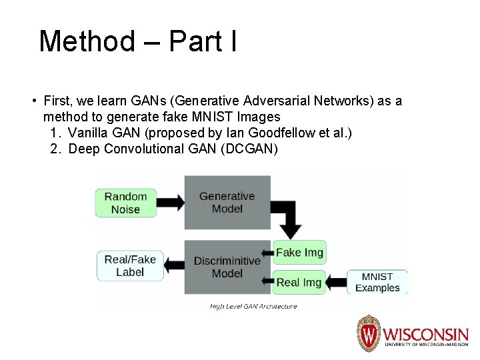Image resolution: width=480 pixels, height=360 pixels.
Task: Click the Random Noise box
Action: coord(125,203)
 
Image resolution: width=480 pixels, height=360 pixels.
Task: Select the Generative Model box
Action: coord(227,203)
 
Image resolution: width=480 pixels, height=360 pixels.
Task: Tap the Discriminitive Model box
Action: coord(227,267)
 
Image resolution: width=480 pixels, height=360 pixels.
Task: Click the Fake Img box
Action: coord(299,253)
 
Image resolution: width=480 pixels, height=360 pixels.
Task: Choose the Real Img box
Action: coord(299,282)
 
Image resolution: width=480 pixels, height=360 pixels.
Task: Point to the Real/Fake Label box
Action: coord(130,265)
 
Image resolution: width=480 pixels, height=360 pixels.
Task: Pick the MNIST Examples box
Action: coord(377,282)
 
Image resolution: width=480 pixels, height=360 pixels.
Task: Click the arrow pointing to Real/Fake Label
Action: coord(175,265)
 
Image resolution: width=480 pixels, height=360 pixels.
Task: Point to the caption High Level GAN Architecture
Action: coord(253,307)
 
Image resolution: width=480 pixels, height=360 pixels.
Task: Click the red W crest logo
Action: coord(368,333)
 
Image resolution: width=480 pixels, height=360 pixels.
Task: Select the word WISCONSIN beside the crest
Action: coord(425,333)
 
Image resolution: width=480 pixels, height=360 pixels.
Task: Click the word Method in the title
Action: coord(87,41)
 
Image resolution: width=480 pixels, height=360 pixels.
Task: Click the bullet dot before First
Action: coord(33,101)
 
